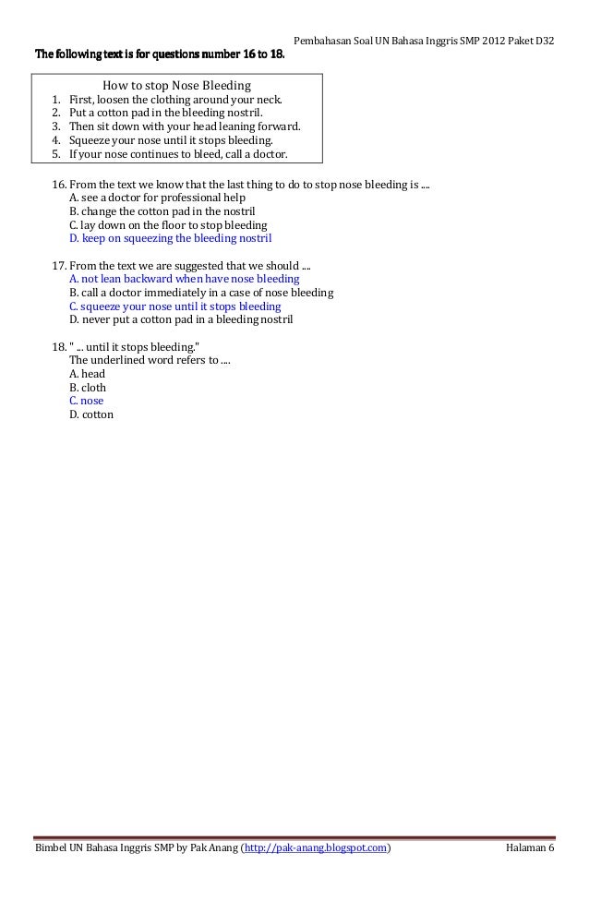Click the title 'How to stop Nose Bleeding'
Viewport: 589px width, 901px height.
pos(176,85)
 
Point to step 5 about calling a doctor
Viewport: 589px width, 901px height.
pos(178,154)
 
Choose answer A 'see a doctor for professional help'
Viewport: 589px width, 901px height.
pos(157,198)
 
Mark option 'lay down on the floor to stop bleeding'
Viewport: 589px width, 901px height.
pos(168,225)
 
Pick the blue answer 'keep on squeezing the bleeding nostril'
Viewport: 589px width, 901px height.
pos(171,238)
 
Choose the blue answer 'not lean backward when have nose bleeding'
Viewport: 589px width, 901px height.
pos(184,279)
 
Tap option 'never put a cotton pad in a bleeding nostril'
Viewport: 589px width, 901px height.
pos(180,320)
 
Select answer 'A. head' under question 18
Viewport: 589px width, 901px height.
pos(87,374)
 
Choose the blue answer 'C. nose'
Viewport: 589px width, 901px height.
pos(86,402)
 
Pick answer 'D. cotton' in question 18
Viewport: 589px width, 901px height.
pos(90,415)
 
